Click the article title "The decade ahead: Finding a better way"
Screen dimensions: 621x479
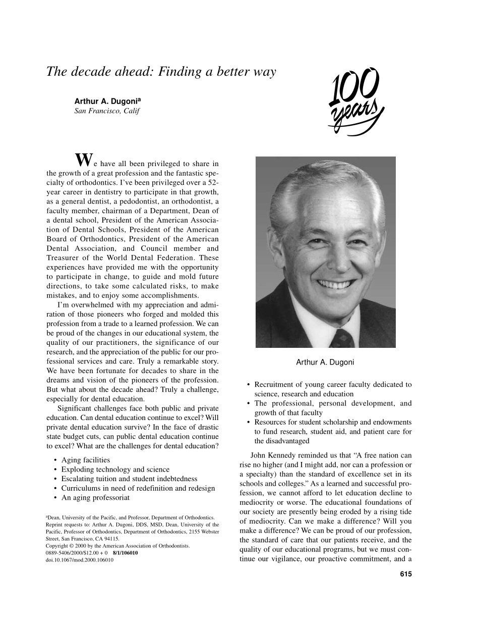point(161,72)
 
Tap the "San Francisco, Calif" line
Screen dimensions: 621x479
point(106,111)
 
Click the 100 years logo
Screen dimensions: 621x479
point(356,102)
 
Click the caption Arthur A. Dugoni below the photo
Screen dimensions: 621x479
point(325,362)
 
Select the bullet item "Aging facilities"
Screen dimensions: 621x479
point(85,460)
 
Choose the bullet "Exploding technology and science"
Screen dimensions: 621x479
point(115,470)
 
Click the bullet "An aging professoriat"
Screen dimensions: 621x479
point(95,497)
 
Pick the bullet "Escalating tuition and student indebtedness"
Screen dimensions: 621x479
point(129,479)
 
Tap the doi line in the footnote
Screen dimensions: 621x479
point(79,560)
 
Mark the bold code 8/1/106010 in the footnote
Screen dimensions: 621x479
point(126,553)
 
